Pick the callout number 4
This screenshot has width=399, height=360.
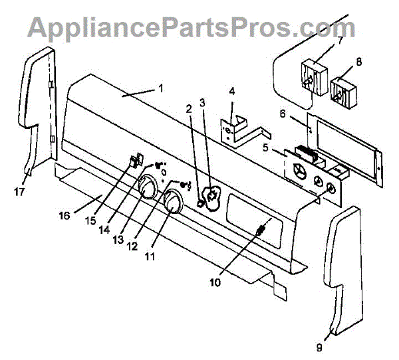point(232,90)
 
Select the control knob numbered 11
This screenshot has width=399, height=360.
point(172,202)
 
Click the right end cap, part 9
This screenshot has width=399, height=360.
point(346,266)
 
